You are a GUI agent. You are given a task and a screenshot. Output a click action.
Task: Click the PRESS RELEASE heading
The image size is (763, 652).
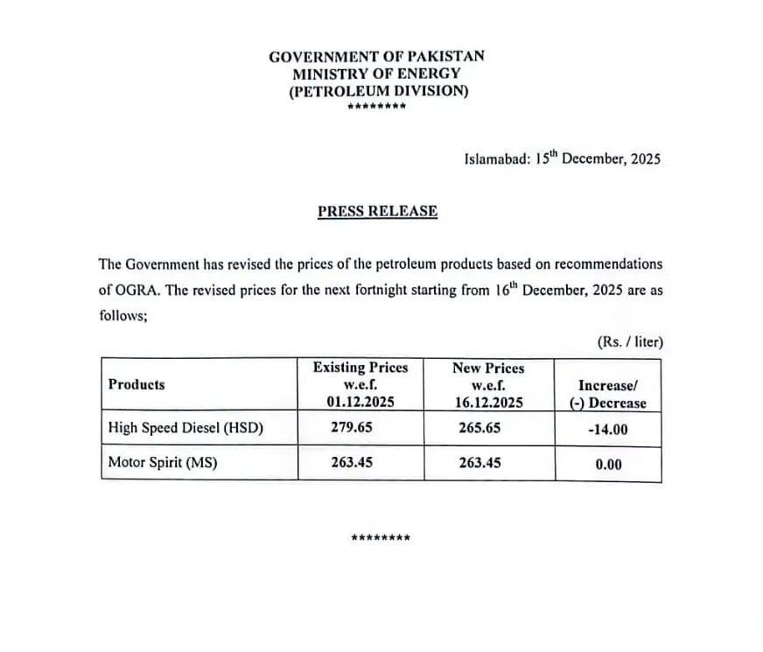pos(377,211)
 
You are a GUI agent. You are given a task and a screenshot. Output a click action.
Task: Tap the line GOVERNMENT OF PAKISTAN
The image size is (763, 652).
pos(376,57)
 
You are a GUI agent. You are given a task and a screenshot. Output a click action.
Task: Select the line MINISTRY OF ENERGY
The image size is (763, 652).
pos(376,74)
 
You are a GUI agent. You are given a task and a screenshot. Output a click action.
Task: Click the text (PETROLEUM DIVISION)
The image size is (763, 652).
pos(378,91)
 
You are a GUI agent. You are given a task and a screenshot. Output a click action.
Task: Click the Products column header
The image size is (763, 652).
pos(136,384)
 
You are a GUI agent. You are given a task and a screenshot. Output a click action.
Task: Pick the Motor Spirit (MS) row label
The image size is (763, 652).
pos(162,462)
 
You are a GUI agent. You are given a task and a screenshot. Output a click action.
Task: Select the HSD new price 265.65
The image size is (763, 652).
pos(479,428)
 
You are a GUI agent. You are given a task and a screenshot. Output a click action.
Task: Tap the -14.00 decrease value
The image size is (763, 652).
pos(607,430)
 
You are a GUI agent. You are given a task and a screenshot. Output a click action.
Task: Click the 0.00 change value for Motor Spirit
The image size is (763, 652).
pos(608,464)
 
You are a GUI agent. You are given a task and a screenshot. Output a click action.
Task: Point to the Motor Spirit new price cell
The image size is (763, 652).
pos(479,462)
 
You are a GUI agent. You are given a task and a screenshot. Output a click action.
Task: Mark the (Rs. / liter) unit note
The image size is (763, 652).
pos(630,341)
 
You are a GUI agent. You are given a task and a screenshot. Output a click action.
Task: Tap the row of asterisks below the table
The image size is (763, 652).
pos(380,536)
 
